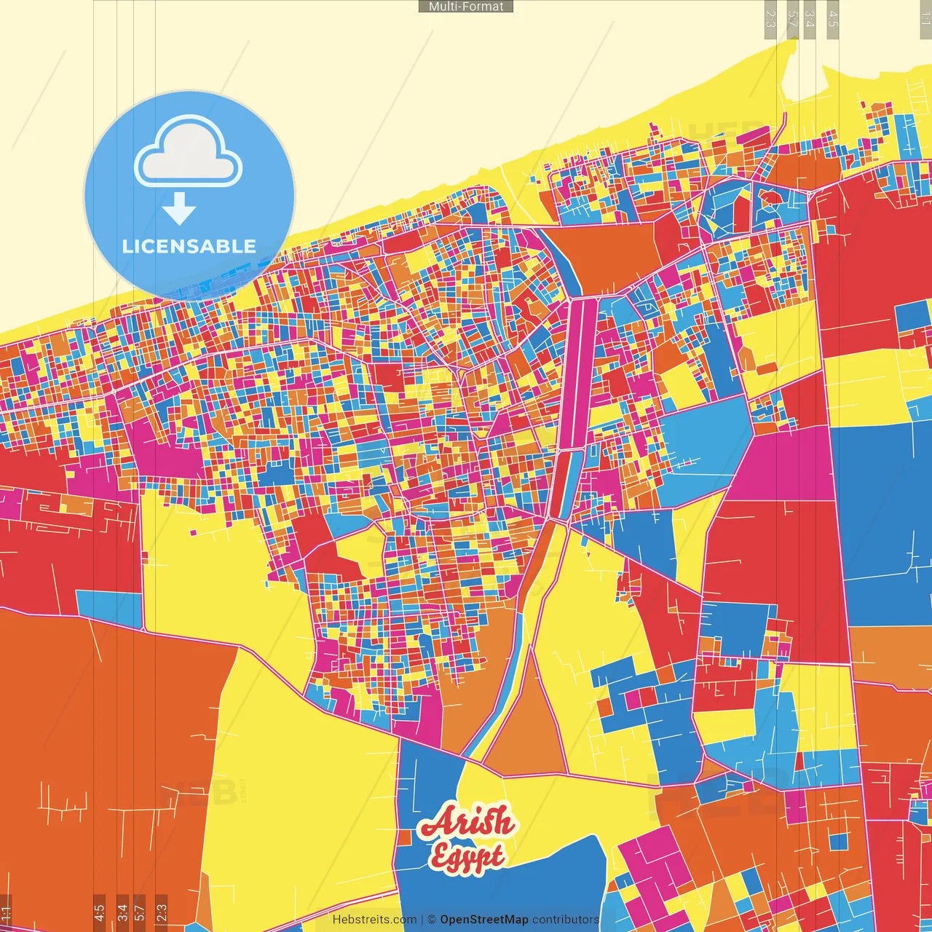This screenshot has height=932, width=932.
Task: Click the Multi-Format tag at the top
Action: pos(466,7)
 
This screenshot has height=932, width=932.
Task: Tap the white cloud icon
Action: pos(188,154)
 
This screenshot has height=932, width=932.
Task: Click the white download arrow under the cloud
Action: pos(179,209)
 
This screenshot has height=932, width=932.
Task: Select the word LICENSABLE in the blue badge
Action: pos(189,246)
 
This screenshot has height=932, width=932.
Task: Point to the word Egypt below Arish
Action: pos(467,857)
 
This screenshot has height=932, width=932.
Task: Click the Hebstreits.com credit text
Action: pos(374,920)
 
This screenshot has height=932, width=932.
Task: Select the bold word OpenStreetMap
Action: pos(484,920)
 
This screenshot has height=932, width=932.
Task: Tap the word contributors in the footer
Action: pos(565,920)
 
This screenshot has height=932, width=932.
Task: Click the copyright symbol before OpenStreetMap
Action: pos(432,920)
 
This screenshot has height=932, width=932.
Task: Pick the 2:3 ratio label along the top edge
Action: pos(770,19)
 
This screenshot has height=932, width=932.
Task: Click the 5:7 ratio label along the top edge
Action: pos(793,19)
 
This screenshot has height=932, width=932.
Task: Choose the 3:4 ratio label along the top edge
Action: pos(810,19)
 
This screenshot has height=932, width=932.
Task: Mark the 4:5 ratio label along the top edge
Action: pos(833,19)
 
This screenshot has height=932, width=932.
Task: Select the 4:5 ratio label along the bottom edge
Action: pos(99,912)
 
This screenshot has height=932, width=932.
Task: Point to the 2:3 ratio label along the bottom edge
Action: pos(162,912)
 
